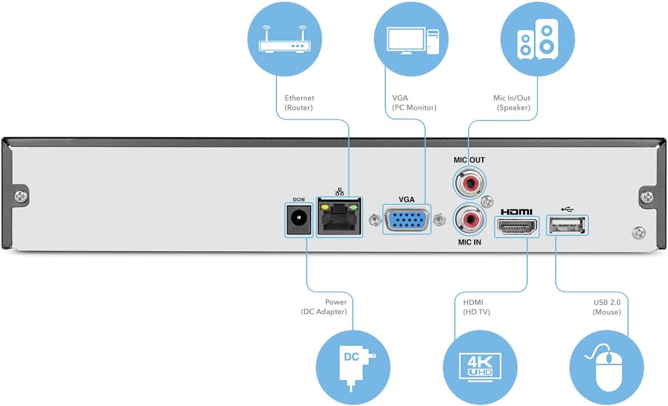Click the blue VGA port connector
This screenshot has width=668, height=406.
(x=407, y=219)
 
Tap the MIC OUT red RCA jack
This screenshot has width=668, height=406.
(x=469, y=183)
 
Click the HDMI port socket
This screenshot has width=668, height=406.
(x=516, y=227)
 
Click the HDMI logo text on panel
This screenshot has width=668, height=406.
(x=516, y=212)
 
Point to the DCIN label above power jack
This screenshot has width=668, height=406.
(x=299, y=199)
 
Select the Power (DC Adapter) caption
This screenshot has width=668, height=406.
(x=324, y=307)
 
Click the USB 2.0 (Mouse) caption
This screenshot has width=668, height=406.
(x=607, y=307)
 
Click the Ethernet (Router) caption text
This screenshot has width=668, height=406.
(x=299, y=103)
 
